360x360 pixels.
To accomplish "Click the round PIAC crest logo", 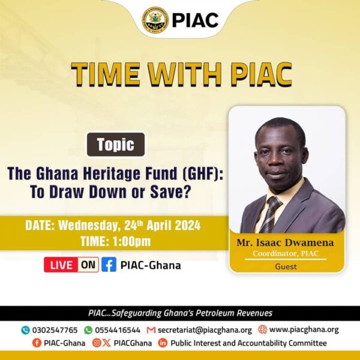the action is [x=155, y=20].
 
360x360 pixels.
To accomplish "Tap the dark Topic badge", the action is [x=116, y=145].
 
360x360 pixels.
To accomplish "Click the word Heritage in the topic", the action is [x=111, y=173].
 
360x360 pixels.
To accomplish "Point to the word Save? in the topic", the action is [x=170, y=192].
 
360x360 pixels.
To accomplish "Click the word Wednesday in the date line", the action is [x=89, y=226].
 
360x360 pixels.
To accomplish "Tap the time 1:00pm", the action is [x=131, y=241].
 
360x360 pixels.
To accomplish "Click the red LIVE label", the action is [x=61, y=265].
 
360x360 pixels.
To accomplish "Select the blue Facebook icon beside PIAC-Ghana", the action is [x=109, y=265].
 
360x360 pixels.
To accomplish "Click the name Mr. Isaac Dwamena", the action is [x=285, y=242].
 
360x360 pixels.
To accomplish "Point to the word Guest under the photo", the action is [x=286, y=266].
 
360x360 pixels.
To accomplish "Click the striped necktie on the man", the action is [x=271, y=214].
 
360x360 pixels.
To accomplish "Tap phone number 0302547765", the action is [x=55, y=330].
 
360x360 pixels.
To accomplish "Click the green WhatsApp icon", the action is [x=88, y=330].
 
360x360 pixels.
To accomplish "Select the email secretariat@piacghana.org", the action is [x=205, y=330].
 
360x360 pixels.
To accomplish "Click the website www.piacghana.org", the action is [x=304, y=329].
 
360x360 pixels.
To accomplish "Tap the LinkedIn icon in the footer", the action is [x=163, y=343].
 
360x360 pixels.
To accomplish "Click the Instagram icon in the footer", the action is [x=97, y=343].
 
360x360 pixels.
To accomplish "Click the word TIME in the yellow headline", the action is [x=106, y=74].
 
